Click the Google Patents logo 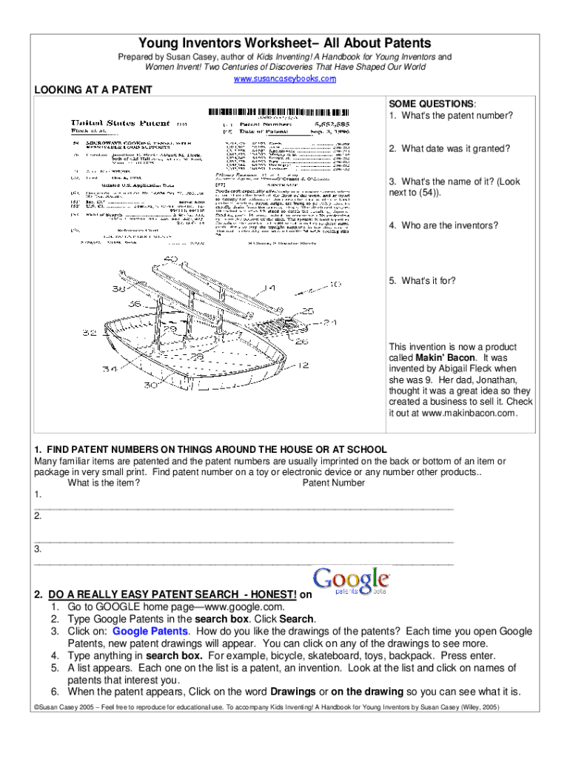(x=352, y=580)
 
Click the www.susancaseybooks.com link (x=285, y=79)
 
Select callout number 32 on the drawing (x=90, y=334)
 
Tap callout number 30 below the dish (x=151, y=385)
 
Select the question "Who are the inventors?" (x=444, y=225)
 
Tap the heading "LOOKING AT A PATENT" (x=93, y=90)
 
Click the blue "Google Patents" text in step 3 (x=151, y=631)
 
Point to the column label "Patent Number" (x=334, y=483)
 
